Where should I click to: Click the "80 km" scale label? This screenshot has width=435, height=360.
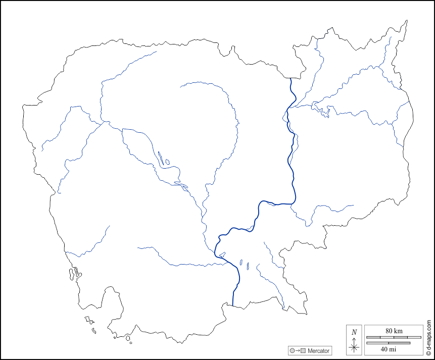click(x=394, y=330)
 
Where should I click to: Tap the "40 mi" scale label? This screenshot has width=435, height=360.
click(x=388, y=349)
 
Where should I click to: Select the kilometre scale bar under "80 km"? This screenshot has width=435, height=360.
click(x=394, y=337)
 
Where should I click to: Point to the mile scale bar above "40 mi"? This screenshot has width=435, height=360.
click(x=388, y=343)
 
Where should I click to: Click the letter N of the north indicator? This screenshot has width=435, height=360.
click(x=354, y=332)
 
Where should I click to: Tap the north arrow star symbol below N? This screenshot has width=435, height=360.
click(x=354, y=346)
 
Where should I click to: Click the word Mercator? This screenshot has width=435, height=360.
click(x=318, y=350)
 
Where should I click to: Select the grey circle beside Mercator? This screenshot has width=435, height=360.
click(x=292, y=350)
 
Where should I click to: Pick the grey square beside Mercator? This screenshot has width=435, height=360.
click(x=303, y=350)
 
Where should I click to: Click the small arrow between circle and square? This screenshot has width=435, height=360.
click(x=298, y=350)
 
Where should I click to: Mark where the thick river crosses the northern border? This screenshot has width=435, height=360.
click(x=291, y=79)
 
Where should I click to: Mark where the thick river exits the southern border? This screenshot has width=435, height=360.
click(x=233, y=304)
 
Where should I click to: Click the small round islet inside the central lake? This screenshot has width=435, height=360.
click(x=167, y=162)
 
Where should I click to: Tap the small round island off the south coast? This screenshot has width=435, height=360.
click(x=128, y=338)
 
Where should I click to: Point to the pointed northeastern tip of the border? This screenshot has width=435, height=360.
click(x=406, y=21)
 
